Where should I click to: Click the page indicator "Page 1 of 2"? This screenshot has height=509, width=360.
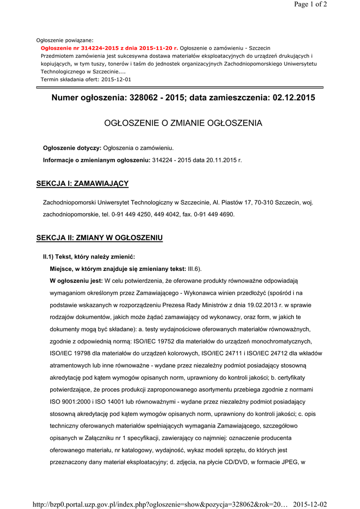pos(310,5)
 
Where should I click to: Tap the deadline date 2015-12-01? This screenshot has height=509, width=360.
pos(116,80)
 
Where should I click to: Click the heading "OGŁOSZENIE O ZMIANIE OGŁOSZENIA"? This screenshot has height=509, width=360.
pos(183,123)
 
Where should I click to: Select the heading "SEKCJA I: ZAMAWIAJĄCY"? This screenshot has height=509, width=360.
pos(83,184)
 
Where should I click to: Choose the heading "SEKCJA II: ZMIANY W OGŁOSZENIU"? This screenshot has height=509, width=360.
pos(99,238)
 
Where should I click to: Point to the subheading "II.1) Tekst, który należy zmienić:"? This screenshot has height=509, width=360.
pos(89,257)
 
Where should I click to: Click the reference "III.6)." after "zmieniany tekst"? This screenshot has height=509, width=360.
pos(194,269)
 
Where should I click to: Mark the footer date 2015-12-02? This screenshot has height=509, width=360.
pos(310,505)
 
